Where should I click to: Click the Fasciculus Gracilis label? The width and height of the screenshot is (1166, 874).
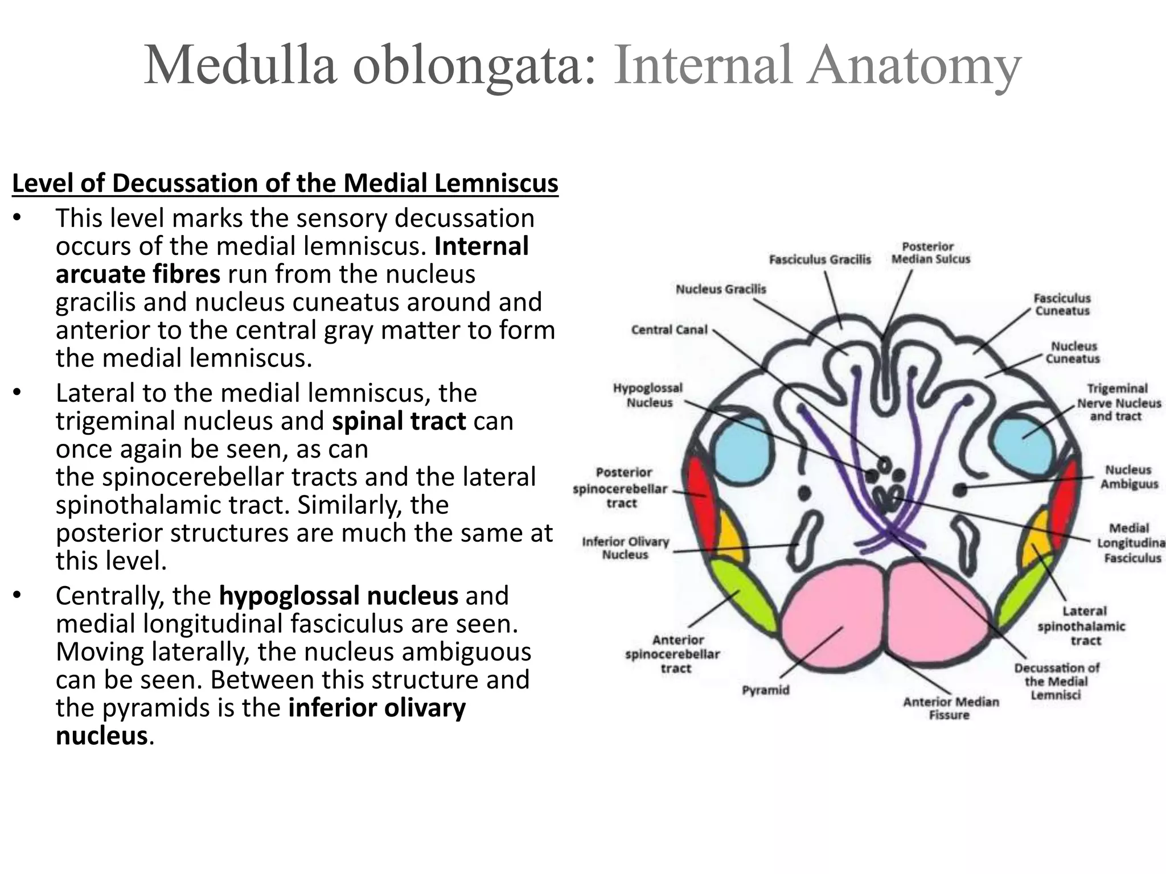tap(820, 260)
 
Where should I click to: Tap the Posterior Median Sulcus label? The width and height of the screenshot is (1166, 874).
tap(930, 253)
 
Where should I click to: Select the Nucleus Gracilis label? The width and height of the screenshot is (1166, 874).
tap(721, 290)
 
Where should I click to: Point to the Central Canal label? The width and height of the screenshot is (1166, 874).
tap(669, 330)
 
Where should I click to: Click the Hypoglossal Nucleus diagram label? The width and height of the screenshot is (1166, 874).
tap(648, 395)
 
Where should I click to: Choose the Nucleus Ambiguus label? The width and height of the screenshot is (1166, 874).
tap(1128, 477)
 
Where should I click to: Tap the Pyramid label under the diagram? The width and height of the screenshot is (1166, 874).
tap(766, 690)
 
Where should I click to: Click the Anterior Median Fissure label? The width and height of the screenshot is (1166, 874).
tap(951, 708)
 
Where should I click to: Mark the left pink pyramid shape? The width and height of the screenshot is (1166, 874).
tap(831, 617)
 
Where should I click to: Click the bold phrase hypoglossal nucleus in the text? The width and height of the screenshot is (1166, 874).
tap(338, 596)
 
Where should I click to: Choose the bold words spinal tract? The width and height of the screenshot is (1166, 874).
tap(399, 421)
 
